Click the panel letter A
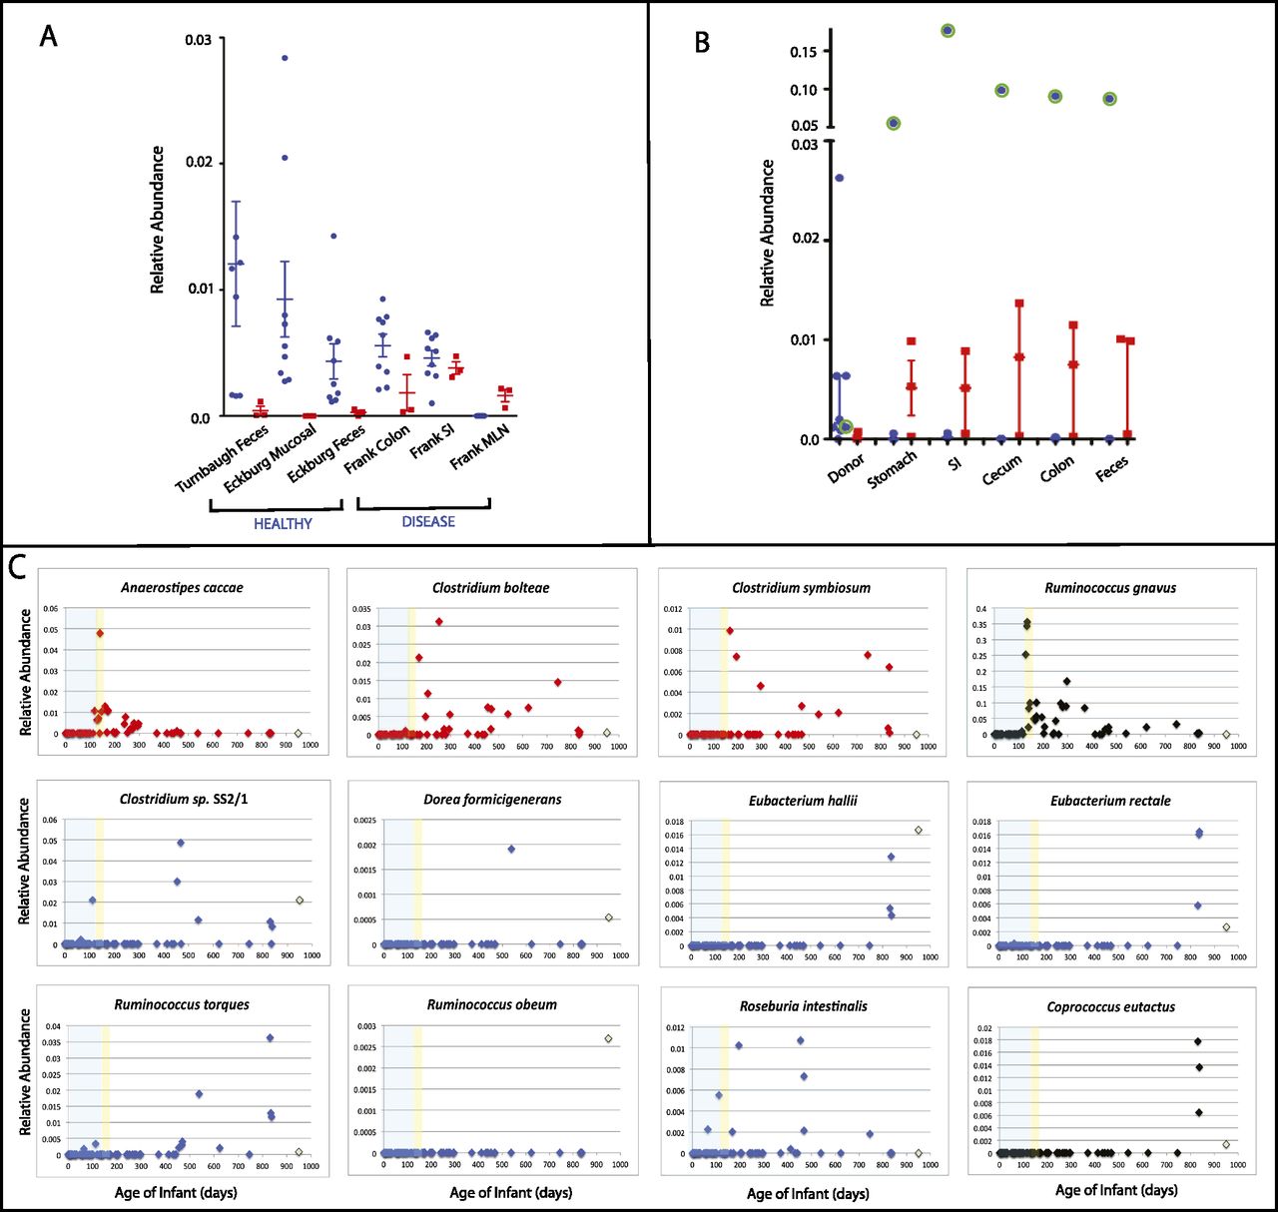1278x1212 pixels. click(x=49, y=37)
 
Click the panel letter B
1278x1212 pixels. click(x=702, y=42)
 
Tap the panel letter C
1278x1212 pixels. click(x=17, y=567)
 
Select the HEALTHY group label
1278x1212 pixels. click(x=283, y=523)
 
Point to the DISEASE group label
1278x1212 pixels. click(x=428, y=521)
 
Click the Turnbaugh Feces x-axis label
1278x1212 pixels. click(x=222, y=458)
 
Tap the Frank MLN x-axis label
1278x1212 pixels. click(x=481, y=445)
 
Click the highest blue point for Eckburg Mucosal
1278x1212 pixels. click(x=285, y=58)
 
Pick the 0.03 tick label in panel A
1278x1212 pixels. click(x=198, y=39)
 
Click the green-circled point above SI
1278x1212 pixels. click(x=948, y=31)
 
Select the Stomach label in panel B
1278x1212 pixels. click(x=892, y=468)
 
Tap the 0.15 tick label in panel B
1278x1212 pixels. click(x=804, y=52)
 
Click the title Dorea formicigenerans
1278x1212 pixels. click(x=492, y=799)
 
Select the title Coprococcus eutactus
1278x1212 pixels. click(x=1110, y=1006)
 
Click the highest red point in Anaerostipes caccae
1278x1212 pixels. click(x=100, y=633)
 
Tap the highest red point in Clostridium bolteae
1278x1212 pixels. click(x=438, y=621)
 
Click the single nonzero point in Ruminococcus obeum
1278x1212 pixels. click(x=608, y=1038)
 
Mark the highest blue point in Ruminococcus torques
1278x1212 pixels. click(x=270, y=1037)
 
